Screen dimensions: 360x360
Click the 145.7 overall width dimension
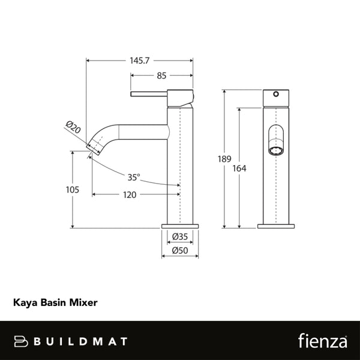(x=140, y=61)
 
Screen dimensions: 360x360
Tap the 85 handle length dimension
(x=161, y=76)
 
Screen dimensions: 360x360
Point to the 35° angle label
(x=134, y=177)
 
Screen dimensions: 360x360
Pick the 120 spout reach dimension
(x=130, y=194)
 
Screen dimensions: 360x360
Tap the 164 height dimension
(x=239, y=169)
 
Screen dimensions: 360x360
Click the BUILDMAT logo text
(x=80, y=341)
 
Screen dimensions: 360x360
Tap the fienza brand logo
(x=322, y=341)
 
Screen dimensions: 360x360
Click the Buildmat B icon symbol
(x=22, y=341)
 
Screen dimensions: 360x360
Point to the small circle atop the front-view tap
(x=277, y=95)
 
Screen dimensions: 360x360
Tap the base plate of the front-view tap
(x=277, y=226)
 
